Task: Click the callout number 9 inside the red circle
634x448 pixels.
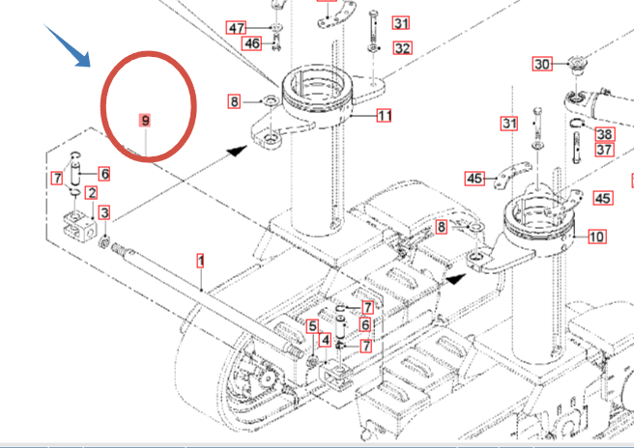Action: tap(144, 121)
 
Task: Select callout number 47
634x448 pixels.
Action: tap(236, 28)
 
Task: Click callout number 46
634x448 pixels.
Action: tap(251, 43)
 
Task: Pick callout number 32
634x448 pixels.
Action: tap(402, 47)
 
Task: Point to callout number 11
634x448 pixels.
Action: tap(384, 116)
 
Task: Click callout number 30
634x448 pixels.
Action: tap(542, 65)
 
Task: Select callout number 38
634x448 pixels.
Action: tap(604, 134)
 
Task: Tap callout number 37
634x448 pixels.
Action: tap(604, 150)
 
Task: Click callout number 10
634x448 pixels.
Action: tap(596, 237)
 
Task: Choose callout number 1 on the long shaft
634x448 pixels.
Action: tap(201, 261)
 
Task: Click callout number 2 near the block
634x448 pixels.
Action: tap(92, 193)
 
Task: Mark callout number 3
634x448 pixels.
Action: tap(104, 212)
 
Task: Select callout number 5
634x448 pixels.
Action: tap(312, 326)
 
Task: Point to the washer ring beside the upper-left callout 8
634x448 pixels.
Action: tap(268, 100)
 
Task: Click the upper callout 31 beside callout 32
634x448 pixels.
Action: tap(400, 23)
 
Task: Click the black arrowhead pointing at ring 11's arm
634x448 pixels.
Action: tap(236, 151)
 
